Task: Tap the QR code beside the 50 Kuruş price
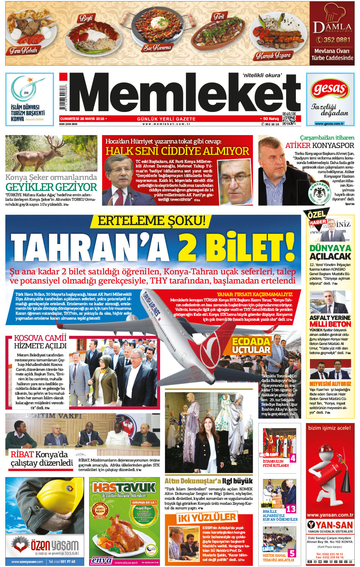pyautogui.click(x=289, y=119)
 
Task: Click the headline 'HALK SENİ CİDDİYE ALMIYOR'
pyautogui.click(x=177, y=151)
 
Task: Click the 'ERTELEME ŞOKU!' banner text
pyautogui.click(x=151, y=221)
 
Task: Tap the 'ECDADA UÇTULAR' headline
pyautogui.click(x=251, y=345)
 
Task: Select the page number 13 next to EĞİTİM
pyautogui.click(x=291, y=509)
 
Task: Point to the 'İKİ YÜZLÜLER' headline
pyautogui.click(x=207, y=518)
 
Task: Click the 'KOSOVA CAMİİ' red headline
pyautogui.click(x=40, y=338)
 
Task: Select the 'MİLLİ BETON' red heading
pyautogui.click(x=330, y=324)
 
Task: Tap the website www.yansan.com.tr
pyautogui.click(x=330, y=515)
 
